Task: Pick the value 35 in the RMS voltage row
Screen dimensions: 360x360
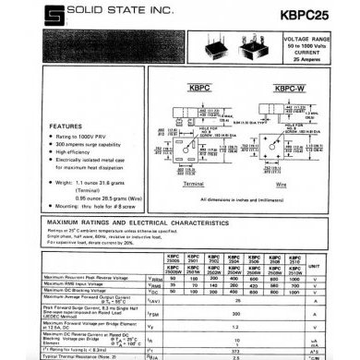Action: tap(173, 282)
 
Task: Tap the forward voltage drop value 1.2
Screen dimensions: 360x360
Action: tap(238, 326)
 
